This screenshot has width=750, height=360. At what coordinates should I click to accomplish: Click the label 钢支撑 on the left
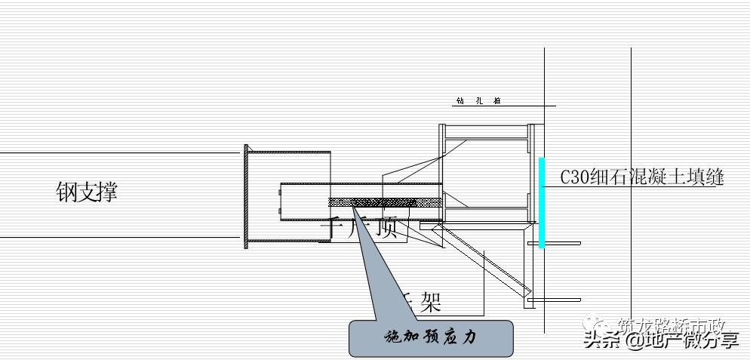[87, 191]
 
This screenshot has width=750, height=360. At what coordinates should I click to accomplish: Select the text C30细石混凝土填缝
[641, 177]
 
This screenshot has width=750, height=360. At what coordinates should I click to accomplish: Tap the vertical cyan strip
[542, 202]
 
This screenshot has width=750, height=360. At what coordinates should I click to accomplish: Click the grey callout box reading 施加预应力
[431, 337]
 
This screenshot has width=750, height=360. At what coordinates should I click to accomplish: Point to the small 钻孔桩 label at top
[478, 100]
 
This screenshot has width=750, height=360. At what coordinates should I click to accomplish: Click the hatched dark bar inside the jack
[385, 202]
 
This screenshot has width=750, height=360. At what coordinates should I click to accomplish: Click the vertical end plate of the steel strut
[245, 197]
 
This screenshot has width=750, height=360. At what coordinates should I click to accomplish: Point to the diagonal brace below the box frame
[483, 260]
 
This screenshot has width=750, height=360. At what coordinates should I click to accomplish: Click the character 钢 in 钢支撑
[66, 191]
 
